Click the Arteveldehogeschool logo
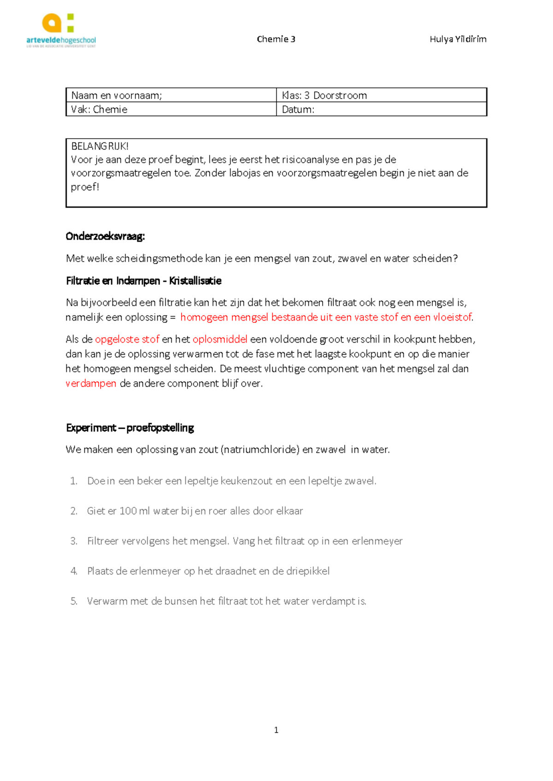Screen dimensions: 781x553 tap(61, 30)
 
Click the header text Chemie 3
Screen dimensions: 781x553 tap(276, 39)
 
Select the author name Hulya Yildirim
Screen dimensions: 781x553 tap(458, 39)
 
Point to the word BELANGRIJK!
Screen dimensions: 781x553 tap(100, 146)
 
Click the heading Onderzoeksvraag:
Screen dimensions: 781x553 tap(105, 236)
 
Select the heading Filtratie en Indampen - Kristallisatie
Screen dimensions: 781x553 tap(143, 280)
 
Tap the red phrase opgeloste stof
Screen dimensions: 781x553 tap(127, 339)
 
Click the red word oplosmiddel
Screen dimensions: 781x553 tap(220, 339)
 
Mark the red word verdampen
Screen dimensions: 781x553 tap(91, 383)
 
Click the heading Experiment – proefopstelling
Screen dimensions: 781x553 tap(129, 427)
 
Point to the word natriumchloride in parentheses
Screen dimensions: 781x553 tap(260, 449)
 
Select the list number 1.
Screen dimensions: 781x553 tap(74, 481)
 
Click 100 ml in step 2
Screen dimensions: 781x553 tap(134, 511)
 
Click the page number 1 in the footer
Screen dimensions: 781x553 tap(276, 730)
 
